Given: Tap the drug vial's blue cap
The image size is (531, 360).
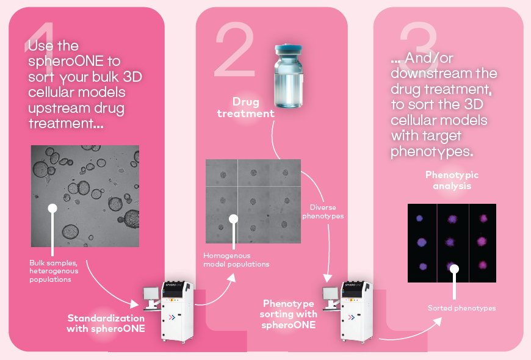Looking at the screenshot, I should (x=289, y=50).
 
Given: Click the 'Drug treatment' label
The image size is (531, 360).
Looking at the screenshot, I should (x=253, y=107).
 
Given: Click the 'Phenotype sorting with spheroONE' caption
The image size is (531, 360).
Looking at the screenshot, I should (x=289, y=314).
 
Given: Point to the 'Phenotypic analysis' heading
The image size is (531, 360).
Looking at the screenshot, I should (x=452, y=180).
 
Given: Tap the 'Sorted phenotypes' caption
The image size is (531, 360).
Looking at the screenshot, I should (x=461, y=308).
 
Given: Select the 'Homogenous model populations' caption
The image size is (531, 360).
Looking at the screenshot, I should (x=236, y=259).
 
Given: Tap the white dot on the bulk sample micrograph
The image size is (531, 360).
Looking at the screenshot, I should (x=52, y=208).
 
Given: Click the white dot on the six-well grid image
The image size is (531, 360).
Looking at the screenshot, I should (x=233, y=218).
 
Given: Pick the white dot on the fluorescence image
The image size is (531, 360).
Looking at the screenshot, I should (x=453, y=268).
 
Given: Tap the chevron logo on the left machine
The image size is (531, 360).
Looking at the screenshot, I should (x=172, y=317).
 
